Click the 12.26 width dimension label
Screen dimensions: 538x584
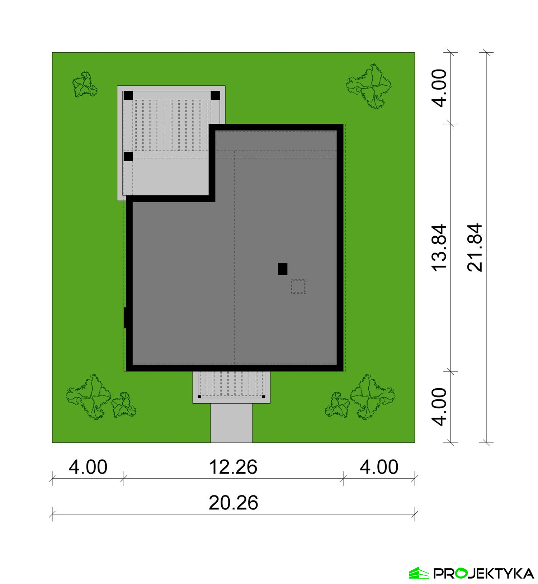[233, 467]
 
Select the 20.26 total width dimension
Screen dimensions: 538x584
[233, 503]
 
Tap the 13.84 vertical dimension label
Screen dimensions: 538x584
[439, 247]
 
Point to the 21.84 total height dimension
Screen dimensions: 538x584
[475, 247]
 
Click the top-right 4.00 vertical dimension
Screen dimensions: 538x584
[439, 88]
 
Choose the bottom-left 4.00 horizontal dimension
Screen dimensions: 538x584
[88, 467]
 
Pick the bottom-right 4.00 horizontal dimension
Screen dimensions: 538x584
[379, 467]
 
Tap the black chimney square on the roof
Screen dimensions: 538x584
[283, 269]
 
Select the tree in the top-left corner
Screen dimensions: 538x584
[85, 85]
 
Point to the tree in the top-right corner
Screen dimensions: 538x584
[369, 86]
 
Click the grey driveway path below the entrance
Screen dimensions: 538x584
[231, 423]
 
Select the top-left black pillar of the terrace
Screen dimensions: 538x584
[128, 96]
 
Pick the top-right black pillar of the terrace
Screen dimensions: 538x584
[215, 96]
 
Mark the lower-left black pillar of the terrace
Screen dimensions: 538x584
[128, 157]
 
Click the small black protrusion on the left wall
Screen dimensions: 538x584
[125, 318]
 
